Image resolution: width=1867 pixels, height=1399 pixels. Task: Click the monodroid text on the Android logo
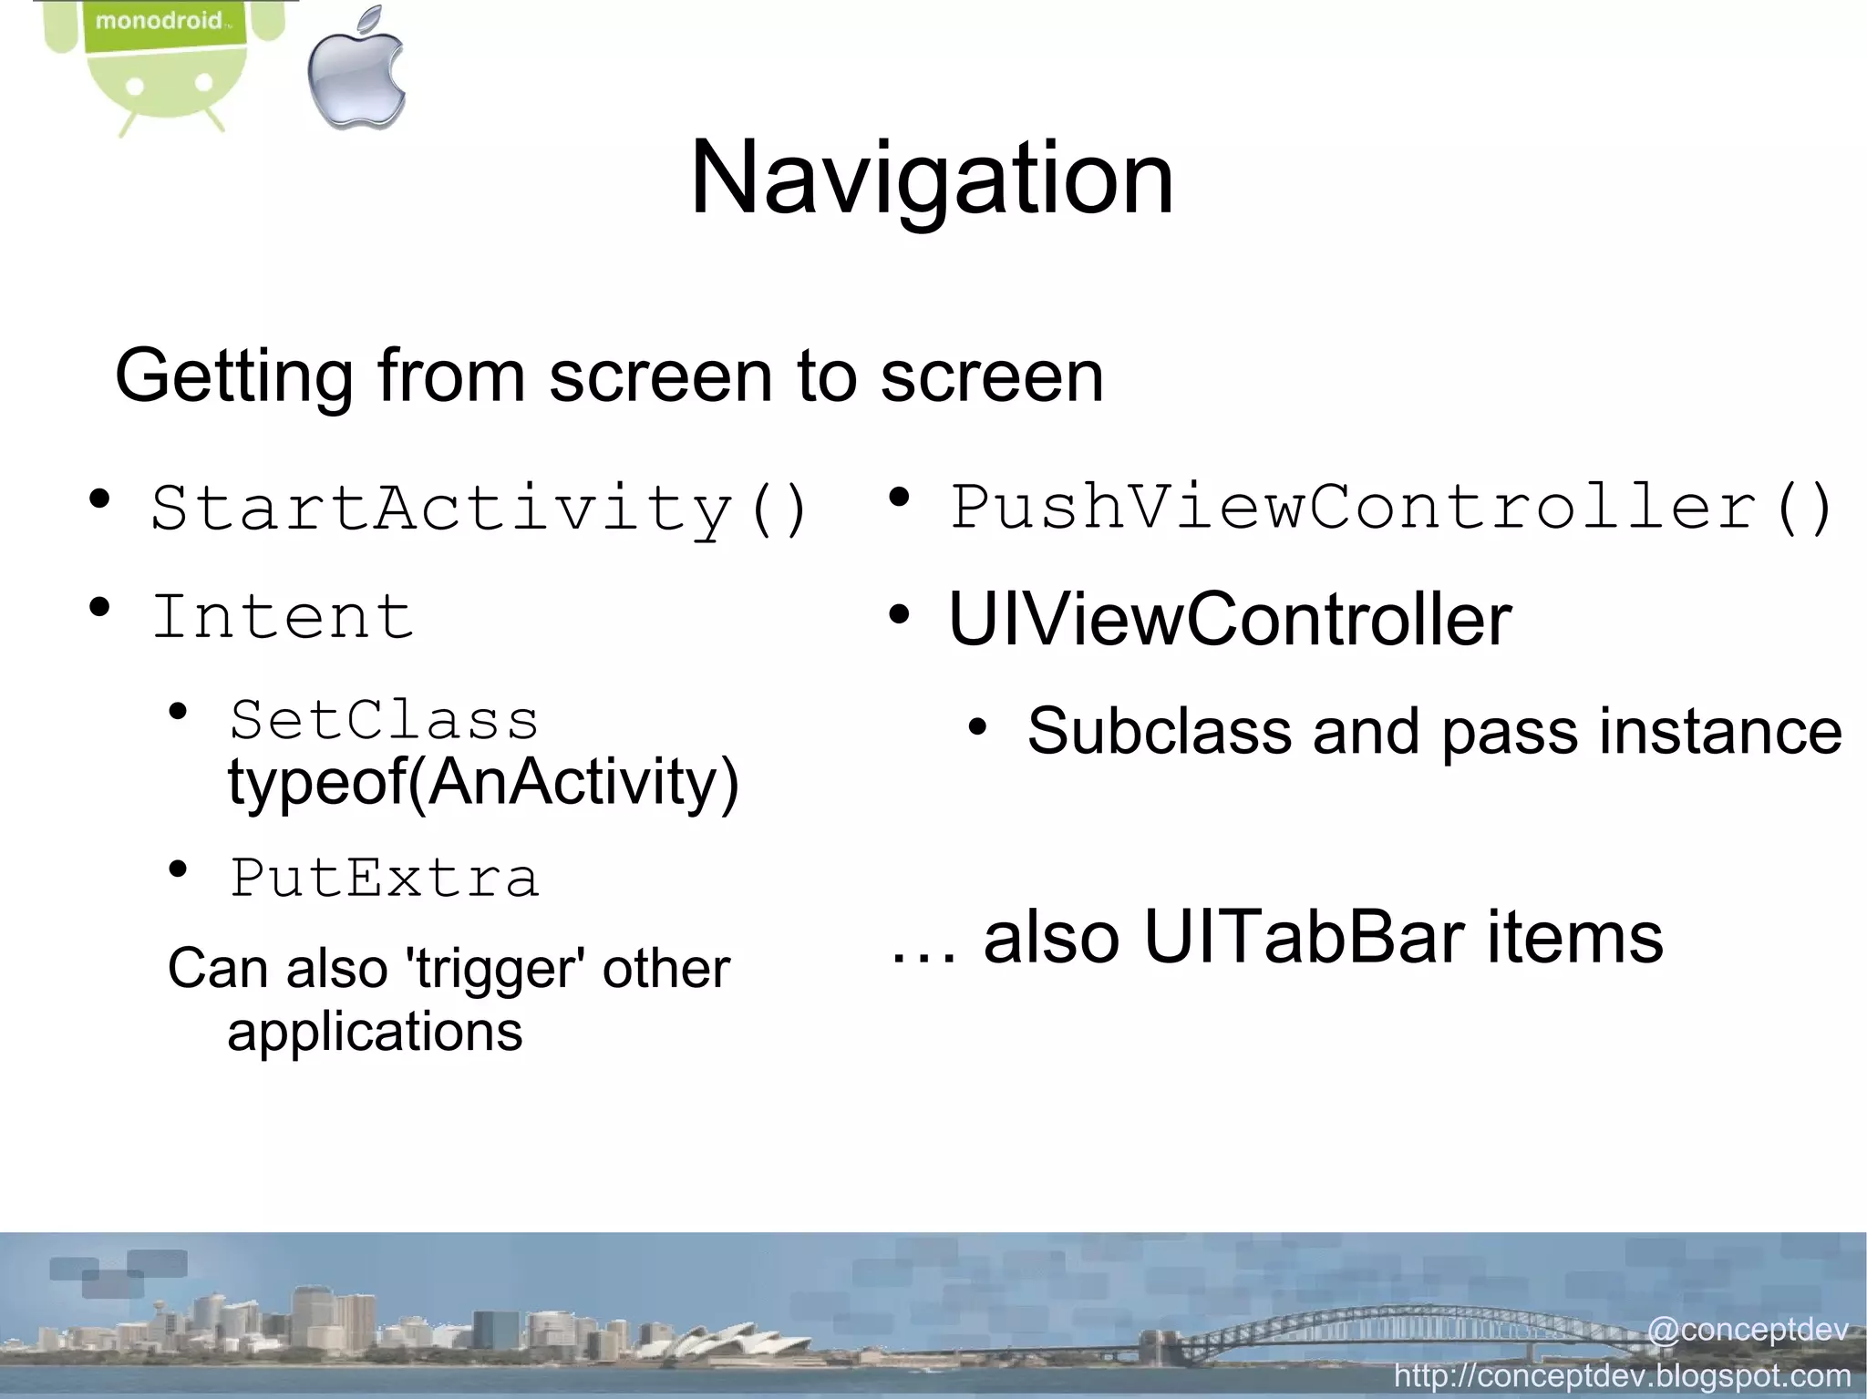160,20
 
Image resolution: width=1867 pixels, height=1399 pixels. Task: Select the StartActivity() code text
480,509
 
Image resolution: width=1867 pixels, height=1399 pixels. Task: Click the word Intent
284,617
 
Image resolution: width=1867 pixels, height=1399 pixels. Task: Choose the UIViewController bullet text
1230,620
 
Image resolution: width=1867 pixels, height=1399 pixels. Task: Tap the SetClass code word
384,720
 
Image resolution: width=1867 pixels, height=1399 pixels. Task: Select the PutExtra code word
384,878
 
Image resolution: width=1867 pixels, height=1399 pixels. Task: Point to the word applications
375,1032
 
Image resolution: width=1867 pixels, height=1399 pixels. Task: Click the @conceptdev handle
1747,1330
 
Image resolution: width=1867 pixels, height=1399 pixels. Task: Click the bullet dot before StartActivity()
99,499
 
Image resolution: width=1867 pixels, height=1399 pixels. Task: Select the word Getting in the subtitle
233,375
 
